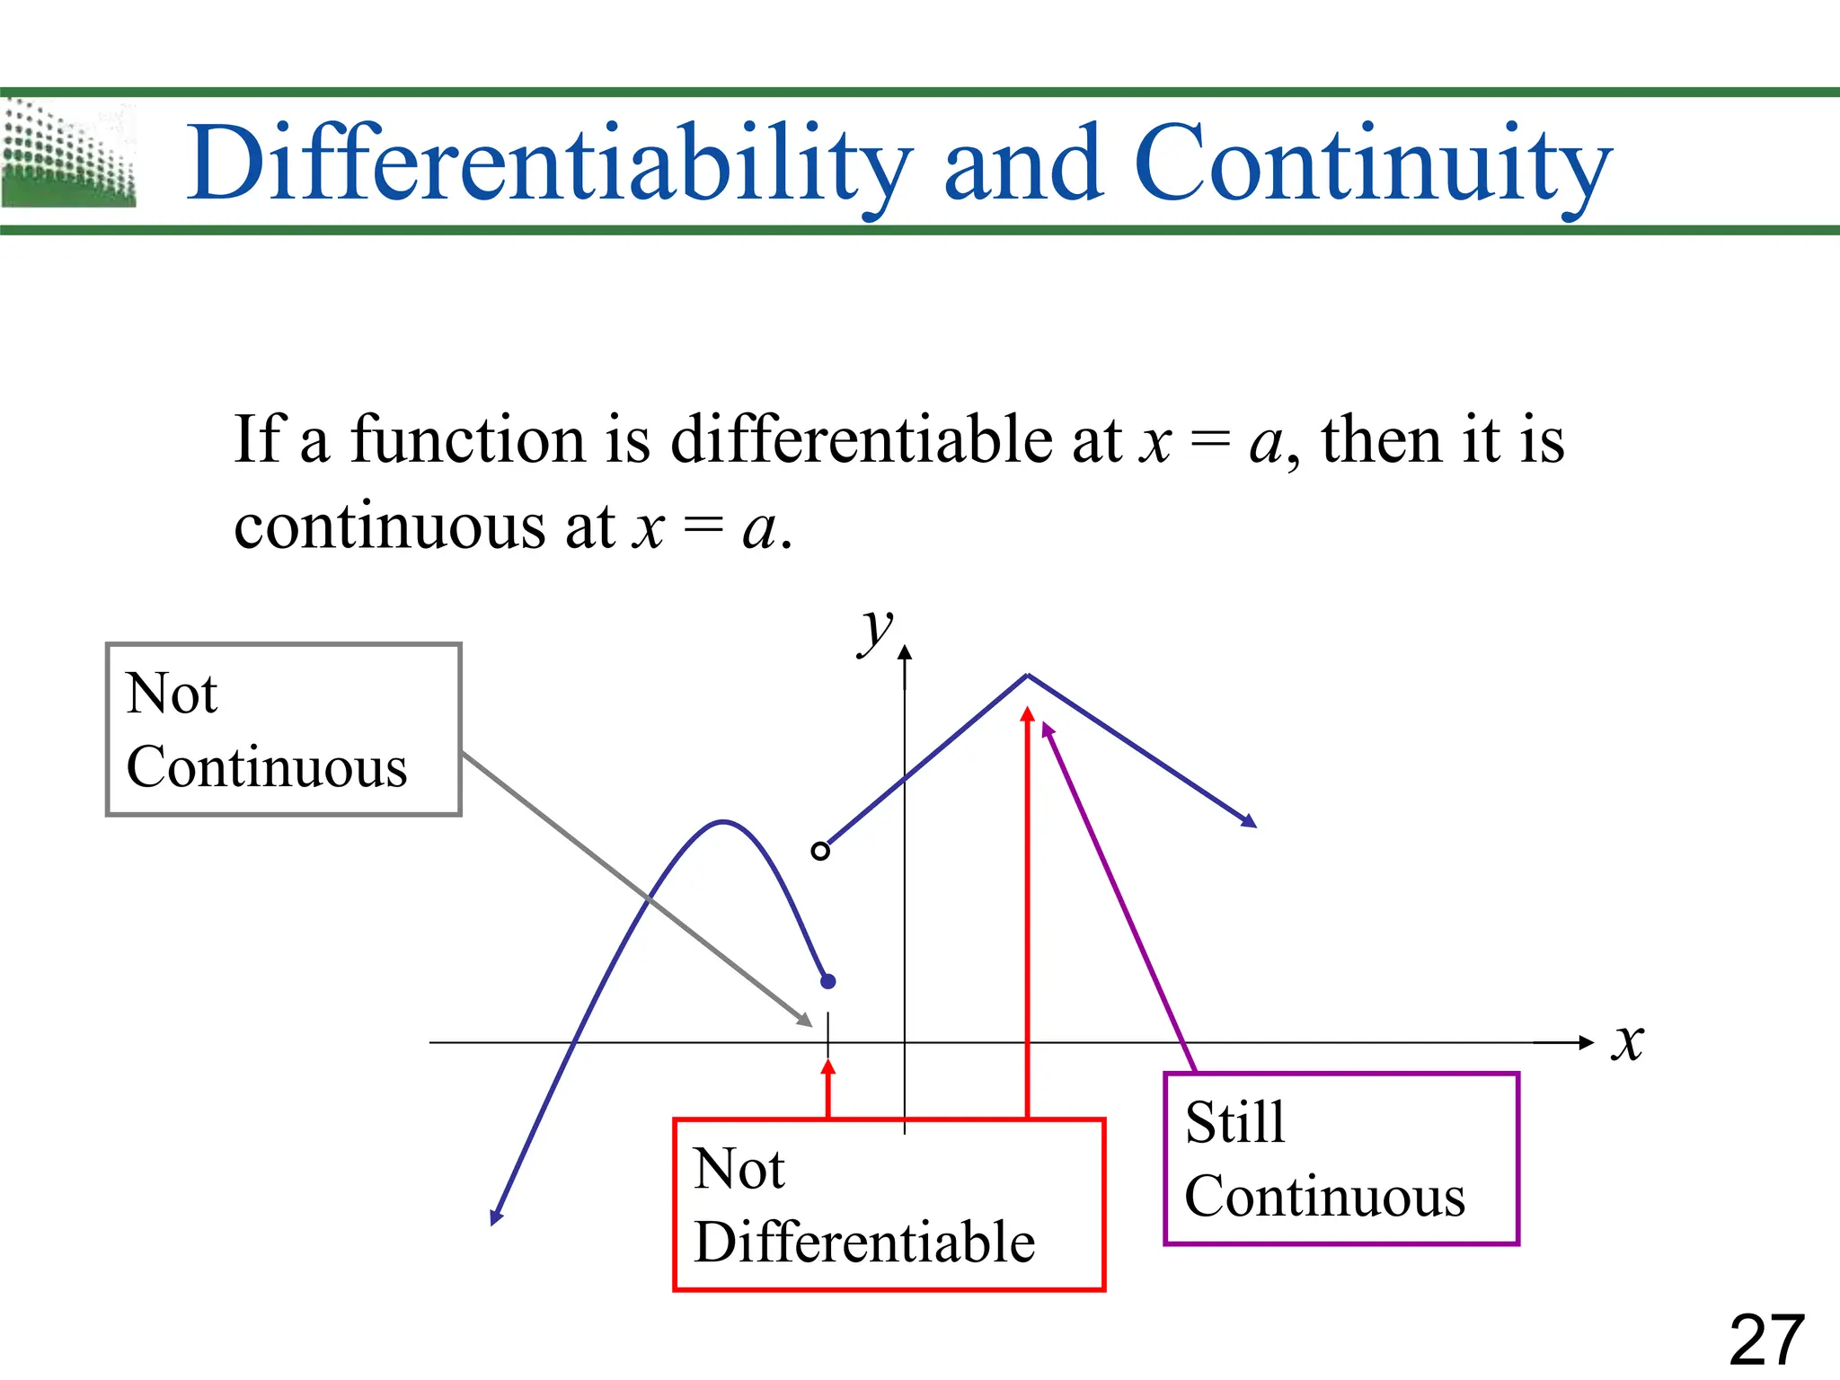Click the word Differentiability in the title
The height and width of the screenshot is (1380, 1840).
coord(548,164)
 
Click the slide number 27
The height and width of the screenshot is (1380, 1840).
coord(1766,1340)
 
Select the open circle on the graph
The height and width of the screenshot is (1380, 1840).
coord(819,850)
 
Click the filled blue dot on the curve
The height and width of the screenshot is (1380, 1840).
coord(828,981)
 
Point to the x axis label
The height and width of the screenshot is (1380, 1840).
coord(1627,1042)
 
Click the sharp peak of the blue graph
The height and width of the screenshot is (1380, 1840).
coord(1027,675)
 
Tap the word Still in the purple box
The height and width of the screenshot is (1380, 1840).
coord(1234,1122)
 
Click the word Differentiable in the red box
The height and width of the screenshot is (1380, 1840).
coord(864,1243)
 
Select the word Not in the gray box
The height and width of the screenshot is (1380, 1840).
coord(171,694)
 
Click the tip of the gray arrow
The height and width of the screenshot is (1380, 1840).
coord(809,1023)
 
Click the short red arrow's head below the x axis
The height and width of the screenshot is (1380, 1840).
coord(828,1066)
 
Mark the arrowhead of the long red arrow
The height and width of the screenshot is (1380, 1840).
coord(1027,713)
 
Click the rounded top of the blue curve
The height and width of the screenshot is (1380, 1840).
coord(724,821)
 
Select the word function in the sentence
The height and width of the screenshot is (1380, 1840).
coord(467,440)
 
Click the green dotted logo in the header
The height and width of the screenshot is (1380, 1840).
coord(68,155)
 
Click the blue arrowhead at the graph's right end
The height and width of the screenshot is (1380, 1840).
coord(1250,821)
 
